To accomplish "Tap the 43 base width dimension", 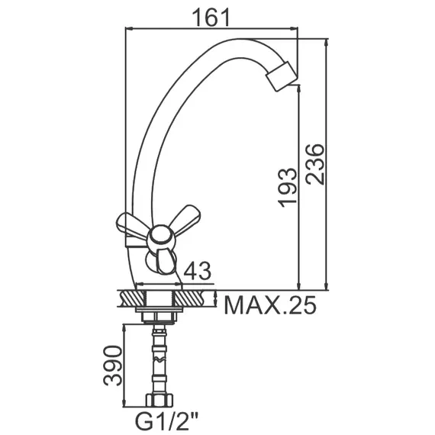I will [x=196, y=271].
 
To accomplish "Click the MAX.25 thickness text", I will [x=270, y=306].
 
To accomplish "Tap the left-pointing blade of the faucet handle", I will [x=131, y=224].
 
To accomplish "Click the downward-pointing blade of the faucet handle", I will [x=164, y=261].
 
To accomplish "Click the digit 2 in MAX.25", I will [x=290, y=306].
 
